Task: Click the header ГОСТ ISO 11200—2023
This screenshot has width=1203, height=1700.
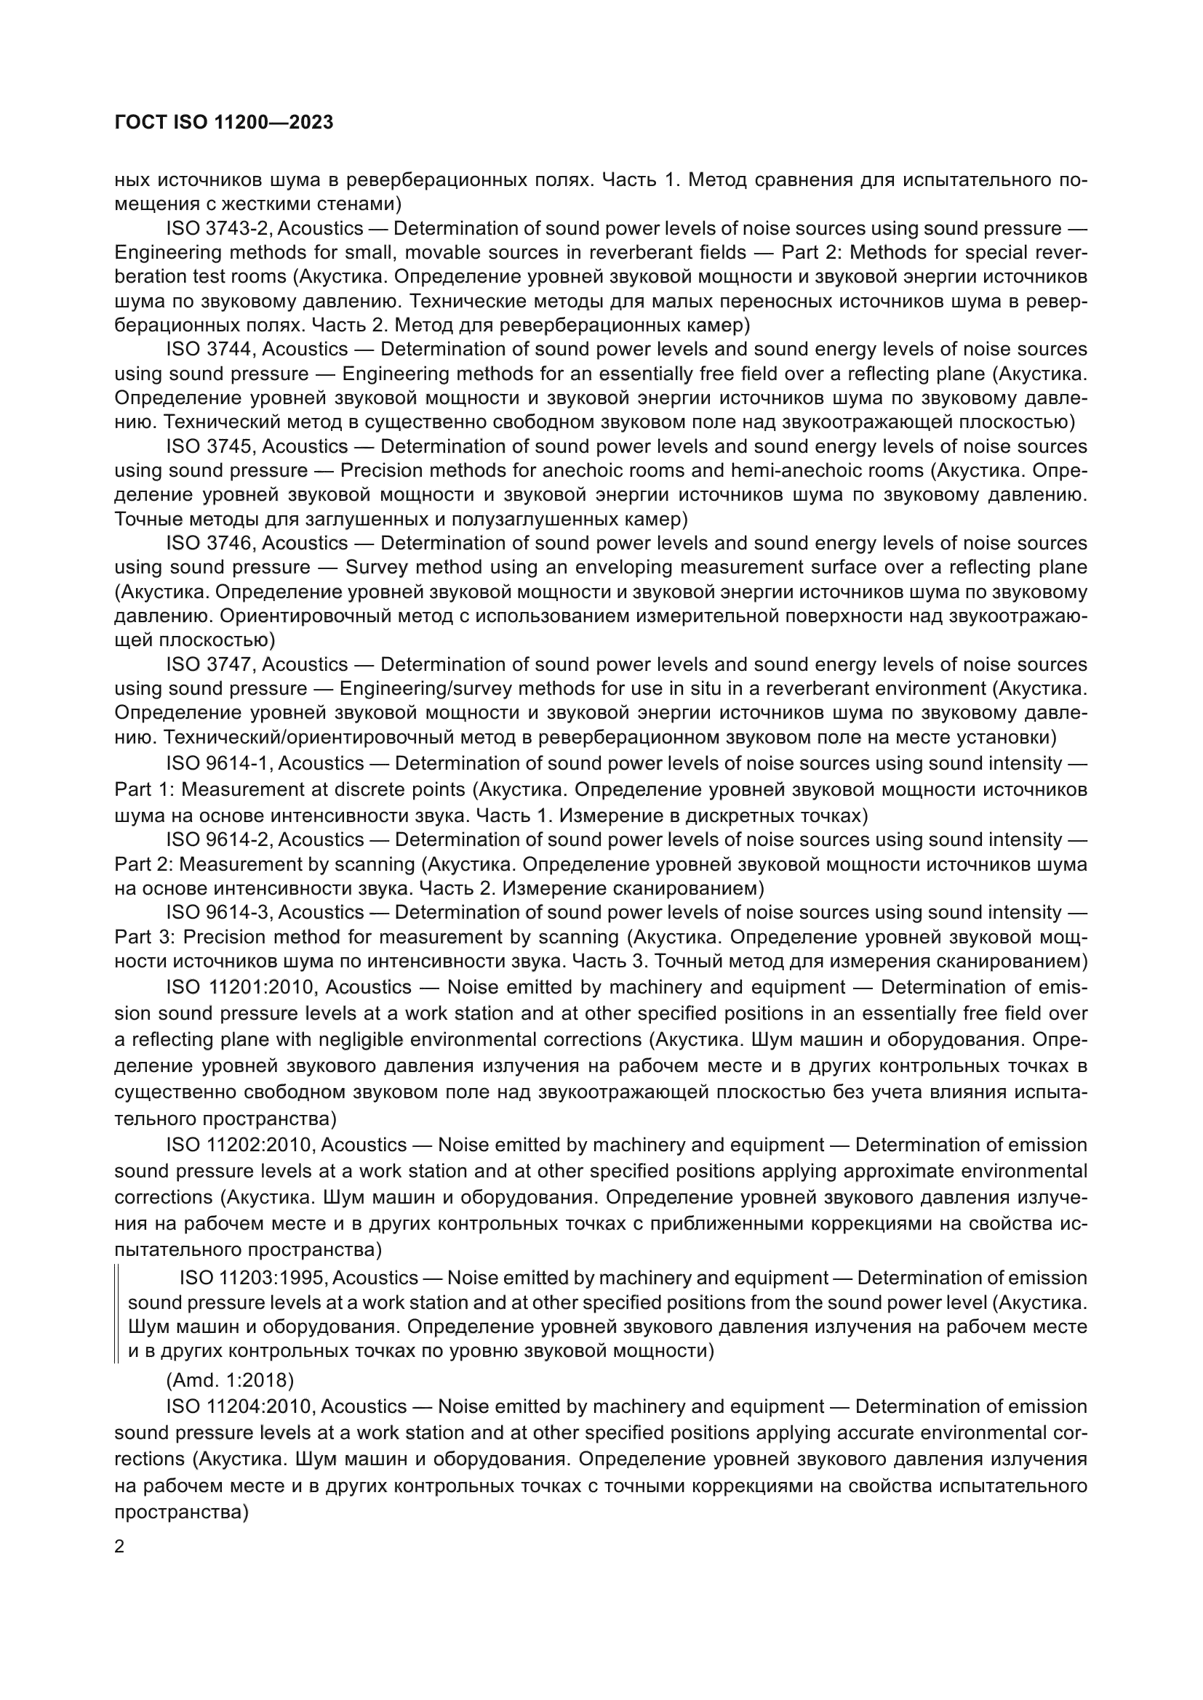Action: pyautogui.click(x=224, y=123)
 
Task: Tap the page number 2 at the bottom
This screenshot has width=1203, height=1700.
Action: pyautogui.click(x=119, y=1547)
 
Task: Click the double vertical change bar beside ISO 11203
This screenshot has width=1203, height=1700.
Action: pyautogui.click(x=117, y=1314)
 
